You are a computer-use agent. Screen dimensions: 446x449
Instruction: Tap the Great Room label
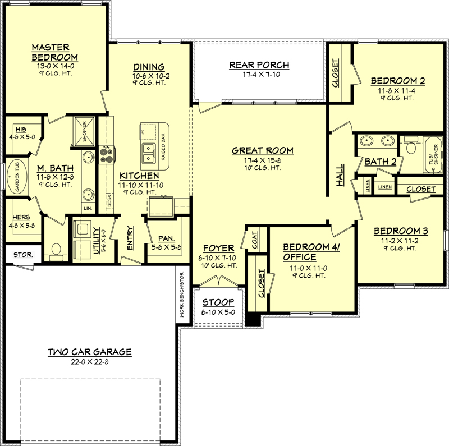click(263, 150)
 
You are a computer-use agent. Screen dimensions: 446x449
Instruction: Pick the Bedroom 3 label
click(397, 231)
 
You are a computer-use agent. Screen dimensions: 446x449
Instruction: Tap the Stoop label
click(218, 303)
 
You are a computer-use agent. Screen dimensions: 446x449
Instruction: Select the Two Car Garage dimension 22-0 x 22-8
click(89, 362)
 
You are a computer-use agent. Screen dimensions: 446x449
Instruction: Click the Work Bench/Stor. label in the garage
click(182, 297)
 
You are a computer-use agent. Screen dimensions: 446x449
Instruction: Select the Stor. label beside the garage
click(22, 254)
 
